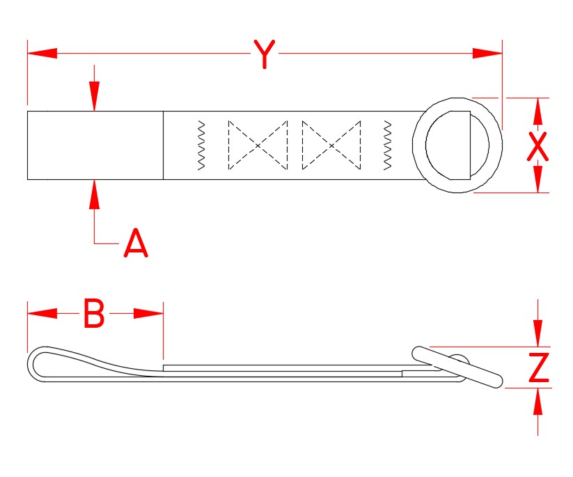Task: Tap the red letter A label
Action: pos(136,243)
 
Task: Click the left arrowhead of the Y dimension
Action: pos(42,53)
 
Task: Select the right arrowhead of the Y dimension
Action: pos(487,53)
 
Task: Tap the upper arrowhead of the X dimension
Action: pos(537,112)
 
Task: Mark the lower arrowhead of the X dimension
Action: pos(537,179)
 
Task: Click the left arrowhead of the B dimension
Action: pos(42,314)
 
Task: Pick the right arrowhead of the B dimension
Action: pos(148,314)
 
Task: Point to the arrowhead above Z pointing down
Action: pos(537,332)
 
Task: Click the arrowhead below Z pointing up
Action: pos(537,403)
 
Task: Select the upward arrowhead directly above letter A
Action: pos(95,195)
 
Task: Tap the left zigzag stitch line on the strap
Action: pos(201,145)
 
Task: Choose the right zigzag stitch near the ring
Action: pos(388,145)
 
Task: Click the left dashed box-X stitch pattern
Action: pos(258,145)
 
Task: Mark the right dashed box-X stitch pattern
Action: pos(331,145)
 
